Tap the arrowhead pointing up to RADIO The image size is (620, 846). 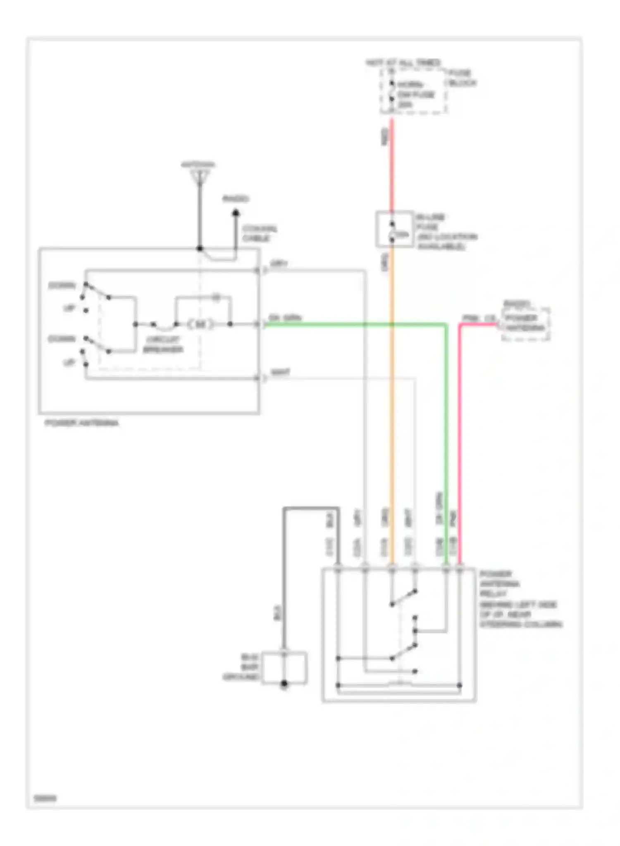(x=236, y=213)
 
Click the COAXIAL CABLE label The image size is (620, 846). (x=260, y=233)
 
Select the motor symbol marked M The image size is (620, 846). (x=201, y=324)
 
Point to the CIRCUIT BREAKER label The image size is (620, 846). (x=163, y=345)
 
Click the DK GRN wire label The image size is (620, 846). (x=285, y=318)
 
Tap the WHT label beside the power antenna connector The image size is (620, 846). (x=280, y=372)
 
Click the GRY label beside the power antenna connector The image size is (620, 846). (x=279, y=264)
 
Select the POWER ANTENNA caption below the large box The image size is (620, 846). (x=81, y=423)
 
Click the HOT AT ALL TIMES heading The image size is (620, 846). (x=403, y=63)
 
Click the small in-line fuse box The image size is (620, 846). (x=394, y=229)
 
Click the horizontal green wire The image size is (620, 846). (x=355, y=325)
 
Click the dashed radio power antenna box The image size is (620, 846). (x=525, y=324)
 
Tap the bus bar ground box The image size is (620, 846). (x=284, y=668)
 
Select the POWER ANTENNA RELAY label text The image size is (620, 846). (x=500, y=584)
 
